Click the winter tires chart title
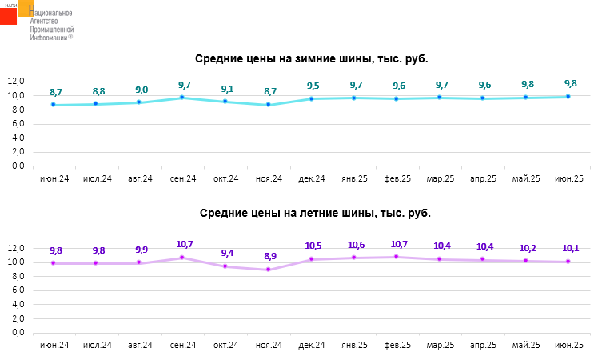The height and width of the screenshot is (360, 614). [317, 58]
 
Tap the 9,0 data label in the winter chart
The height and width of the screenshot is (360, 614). [142, 90]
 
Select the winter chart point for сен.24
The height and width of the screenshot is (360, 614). [182, 98]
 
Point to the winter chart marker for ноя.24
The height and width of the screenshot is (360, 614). [269, 105]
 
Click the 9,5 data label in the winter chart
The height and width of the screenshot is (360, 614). [313, 86]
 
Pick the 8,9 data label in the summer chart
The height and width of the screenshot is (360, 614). [270, 256]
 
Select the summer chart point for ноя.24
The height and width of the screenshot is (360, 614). [269, 270]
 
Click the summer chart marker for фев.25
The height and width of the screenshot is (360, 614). [398, 257]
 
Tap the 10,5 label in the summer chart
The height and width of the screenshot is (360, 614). [313, 246]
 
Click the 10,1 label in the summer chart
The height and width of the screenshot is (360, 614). [570, 248]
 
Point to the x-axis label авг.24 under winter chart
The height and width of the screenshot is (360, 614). [140, 178]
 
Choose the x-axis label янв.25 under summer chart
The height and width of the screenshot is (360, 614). [354, 345]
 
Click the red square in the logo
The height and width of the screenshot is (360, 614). [8, 14]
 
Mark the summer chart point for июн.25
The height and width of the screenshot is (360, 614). [568, 262]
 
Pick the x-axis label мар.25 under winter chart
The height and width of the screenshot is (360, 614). [441, 178]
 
